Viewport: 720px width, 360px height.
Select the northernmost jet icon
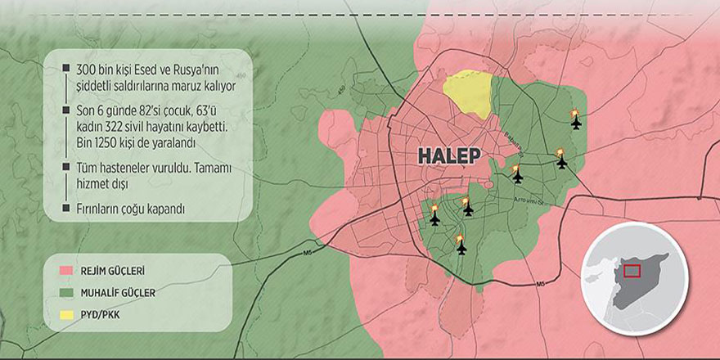575,124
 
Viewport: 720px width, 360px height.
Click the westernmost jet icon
434,219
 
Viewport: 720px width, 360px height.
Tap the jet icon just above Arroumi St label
516,178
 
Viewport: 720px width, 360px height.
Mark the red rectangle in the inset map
631,271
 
